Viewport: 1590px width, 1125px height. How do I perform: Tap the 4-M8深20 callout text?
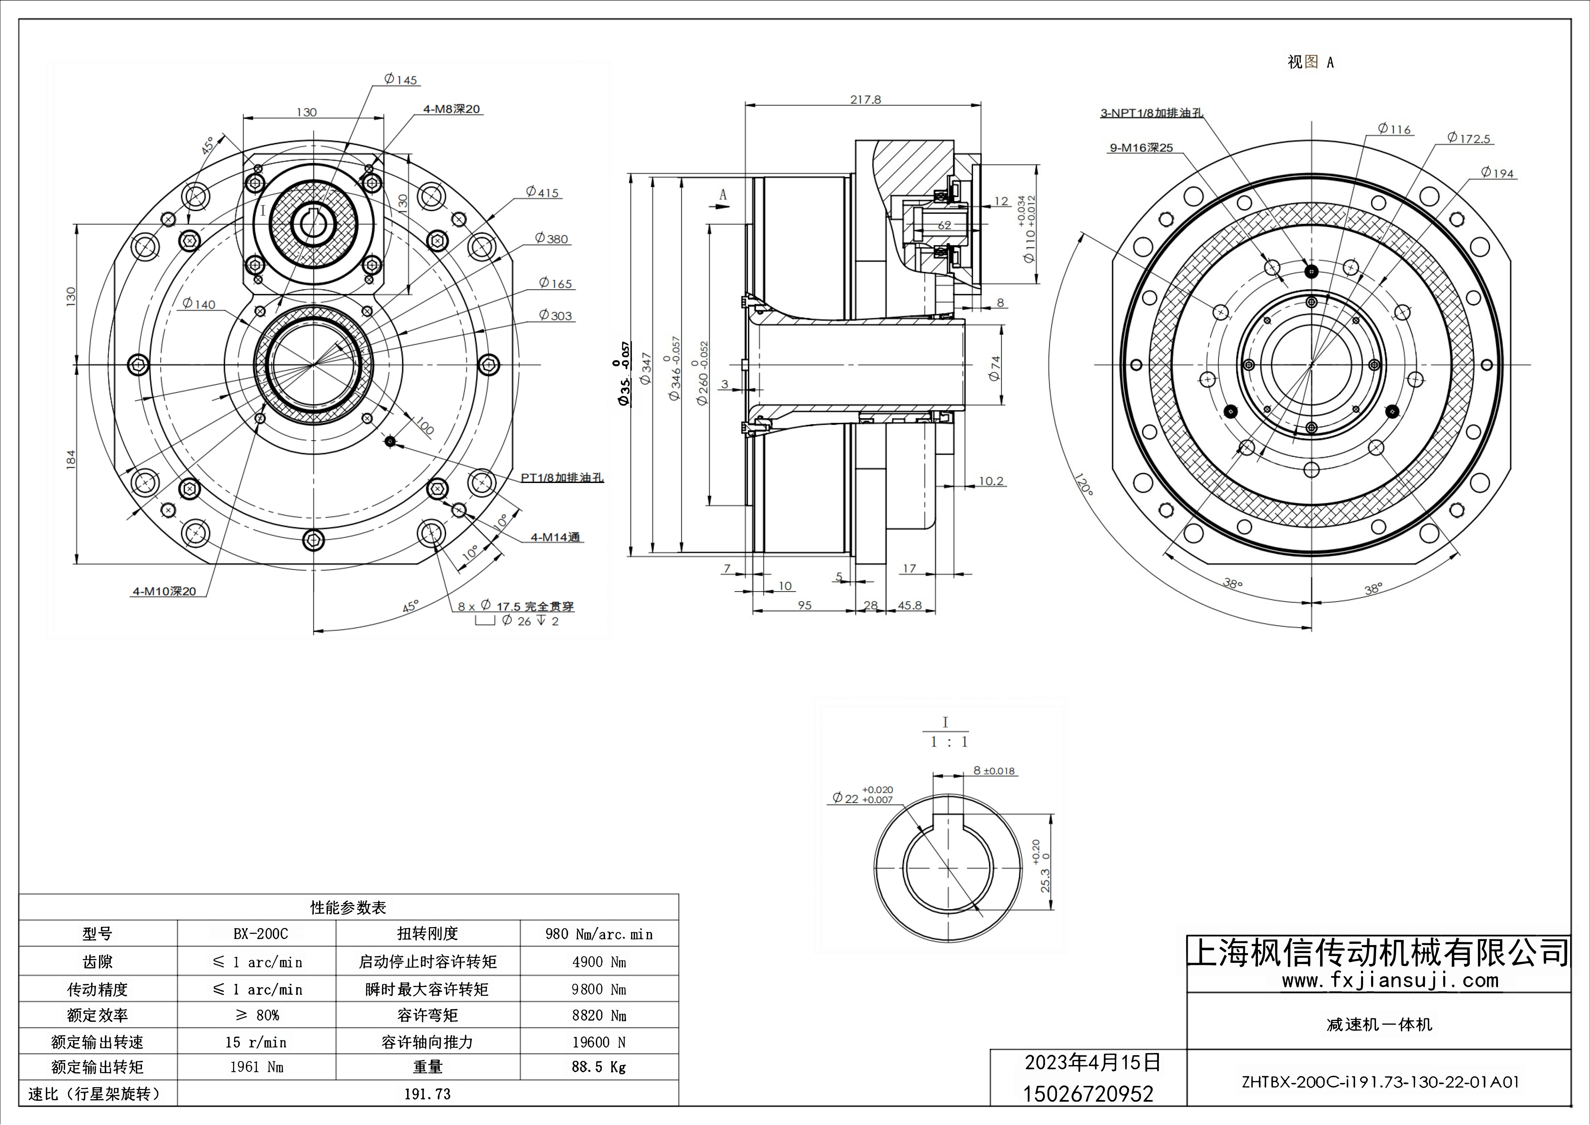pos(452,109)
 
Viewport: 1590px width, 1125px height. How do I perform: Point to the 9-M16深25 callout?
pos(1141,148)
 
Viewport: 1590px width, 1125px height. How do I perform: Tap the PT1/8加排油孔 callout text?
pos(562,477)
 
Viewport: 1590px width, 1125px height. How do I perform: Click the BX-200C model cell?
pos(260,934)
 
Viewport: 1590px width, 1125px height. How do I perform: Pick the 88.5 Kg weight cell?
pos(598,1067)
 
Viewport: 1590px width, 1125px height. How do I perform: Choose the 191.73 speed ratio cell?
pos(427,1094)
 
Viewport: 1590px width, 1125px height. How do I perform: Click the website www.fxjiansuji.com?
pos(1390,980)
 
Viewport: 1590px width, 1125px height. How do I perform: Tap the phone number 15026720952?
pos(1088,1094)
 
